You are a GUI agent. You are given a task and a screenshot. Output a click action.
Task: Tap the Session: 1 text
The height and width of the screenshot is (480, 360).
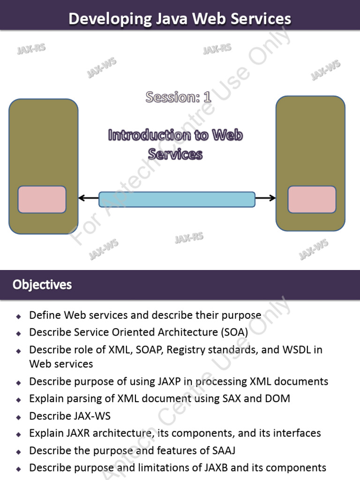(x=178, y=97)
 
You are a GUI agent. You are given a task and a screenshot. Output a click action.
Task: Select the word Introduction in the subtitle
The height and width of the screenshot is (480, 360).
(x=150, y=135)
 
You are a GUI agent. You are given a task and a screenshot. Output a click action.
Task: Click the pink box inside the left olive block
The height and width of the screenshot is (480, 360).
(x=42, y=199)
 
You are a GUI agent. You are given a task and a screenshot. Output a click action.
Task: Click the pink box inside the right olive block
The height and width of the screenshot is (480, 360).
(x=312, y=199)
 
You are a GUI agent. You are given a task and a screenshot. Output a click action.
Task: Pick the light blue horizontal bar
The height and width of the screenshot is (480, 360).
(x=177, y=199)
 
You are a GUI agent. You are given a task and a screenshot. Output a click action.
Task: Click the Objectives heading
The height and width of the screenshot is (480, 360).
(x=42, y=285)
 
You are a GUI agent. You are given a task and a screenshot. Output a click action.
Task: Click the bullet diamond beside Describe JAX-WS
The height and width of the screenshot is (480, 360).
(x=18, y=416)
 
